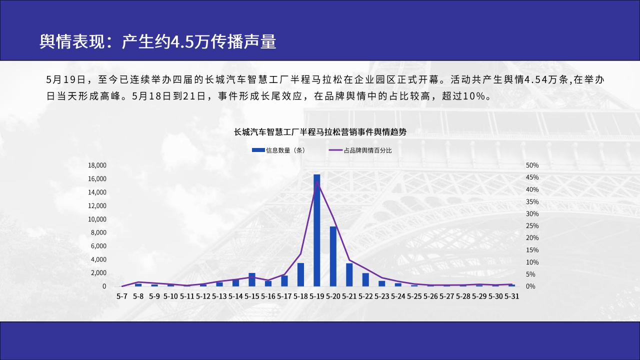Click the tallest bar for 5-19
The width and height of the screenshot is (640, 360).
click(x=317, y=230)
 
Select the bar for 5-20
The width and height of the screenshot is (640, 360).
click(x=333, y=256)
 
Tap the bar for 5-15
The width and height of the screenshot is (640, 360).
click(x=252, y=279)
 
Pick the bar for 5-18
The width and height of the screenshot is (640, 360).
click(x=300, y=274)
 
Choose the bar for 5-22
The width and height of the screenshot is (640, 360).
click(x=365, y=279)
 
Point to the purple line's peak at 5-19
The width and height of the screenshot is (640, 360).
click(x=317, y=181)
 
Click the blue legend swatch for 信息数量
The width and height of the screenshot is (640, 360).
click(x=258, y=150)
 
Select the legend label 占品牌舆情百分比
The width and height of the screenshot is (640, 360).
click(x=367, y=150)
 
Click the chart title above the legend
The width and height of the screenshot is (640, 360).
click(x=320, y=132)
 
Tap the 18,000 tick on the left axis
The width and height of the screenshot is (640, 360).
click(x=97, y=165)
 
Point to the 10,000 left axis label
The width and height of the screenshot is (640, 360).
click(x=97, y=219)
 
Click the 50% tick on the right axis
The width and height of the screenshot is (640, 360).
click(x=532, y=165)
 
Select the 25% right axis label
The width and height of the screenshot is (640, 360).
click(x=532, y=225)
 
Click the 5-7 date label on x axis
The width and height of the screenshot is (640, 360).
click(x=122, y=296)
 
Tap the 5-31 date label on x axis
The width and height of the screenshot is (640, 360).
click(x=511, y=296)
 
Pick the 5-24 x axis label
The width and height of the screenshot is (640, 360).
click(x=398, y=296)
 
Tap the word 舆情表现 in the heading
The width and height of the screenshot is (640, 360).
click(x=72, y=41)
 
